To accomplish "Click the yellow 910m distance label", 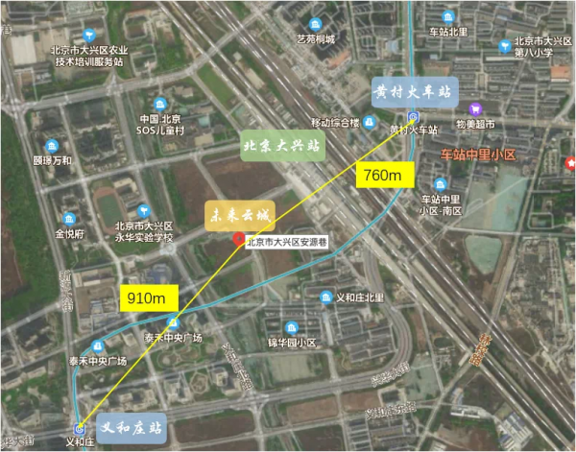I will [x=151, y=297].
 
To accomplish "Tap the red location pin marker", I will [x=239, y=239].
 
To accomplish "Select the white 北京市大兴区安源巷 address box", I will [x=286, y=242].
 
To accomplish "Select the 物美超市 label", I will [x=475, y=125].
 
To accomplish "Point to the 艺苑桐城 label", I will [x=316, y=38].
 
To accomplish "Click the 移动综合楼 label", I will [x=334, y=122].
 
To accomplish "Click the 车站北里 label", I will [x=448, y=31].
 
